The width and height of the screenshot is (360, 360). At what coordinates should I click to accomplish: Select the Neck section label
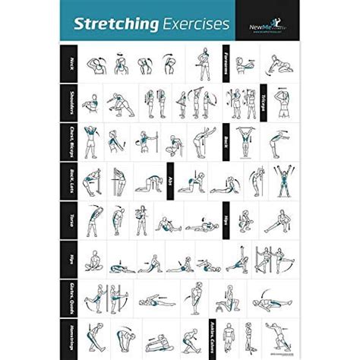pos(70,62)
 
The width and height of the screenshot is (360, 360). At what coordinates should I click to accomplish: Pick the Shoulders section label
pos(70,100)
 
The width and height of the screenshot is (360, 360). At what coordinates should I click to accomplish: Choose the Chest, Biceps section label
pos(70,140)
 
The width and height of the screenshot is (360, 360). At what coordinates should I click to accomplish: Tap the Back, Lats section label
pos(70,179)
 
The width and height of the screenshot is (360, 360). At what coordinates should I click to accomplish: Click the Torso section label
pos(70,219)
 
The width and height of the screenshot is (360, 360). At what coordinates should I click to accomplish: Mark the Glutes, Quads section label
pos(70,298)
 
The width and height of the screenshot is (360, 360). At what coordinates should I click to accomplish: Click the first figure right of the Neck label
pos(96,64)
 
